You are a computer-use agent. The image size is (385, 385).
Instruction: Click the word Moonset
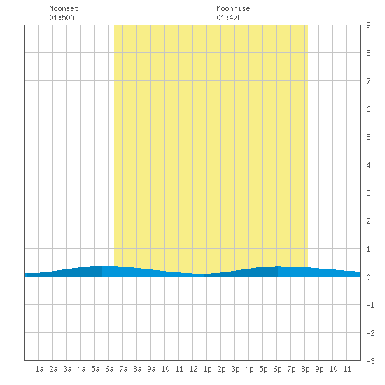pos(64,8)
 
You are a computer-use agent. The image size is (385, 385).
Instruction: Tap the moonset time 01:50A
pos(62,17)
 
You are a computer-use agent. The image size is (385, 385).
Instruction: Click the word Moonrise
pos(233,8)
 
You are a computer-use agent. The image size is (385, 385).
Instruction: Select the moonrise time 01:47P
pos(229,17)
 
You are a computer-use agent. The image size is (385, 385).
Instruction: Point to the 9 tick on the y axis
pos(368,25)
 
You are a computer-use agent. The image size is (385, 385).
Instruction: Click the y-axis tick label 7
pos(368,81)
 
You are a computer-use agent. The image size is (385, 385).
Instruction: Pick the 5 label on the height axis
pos(368,137)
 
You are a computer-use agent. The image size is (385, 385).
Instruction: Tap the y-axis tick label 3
pos(368,193)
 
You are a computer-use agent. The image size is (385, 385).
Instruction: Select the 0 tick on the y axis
pos(368,277)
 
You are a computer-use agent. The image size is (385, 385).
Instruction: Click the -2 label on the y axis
pos(370,333)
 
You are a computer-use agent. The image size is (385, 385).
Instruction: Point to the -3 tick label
pos(370,361)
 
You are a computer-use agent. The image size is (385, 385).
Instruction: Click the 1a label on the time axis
pos(39,369)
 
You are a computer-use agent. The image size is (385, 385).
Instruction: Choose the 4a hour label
pos(81,369)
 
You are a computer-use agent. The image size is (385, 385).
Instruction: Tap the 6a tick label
pos(109,369)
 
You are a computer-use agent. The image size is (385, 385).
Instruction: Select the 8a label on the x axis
pos(137,369)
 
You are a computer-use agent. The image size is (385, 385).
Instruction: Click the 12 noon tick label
pos(193,369)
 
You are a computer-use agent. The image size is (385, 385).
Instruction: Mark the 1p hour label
pos(207,369)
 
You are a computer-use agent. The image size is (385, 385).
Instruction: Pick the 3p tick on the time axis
pos(235,369)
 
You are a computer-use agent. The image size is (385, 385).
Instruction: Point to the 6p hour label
pos(277,369)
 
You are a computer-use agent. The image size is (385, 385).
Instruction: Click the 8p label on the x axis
pos(305,369)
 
